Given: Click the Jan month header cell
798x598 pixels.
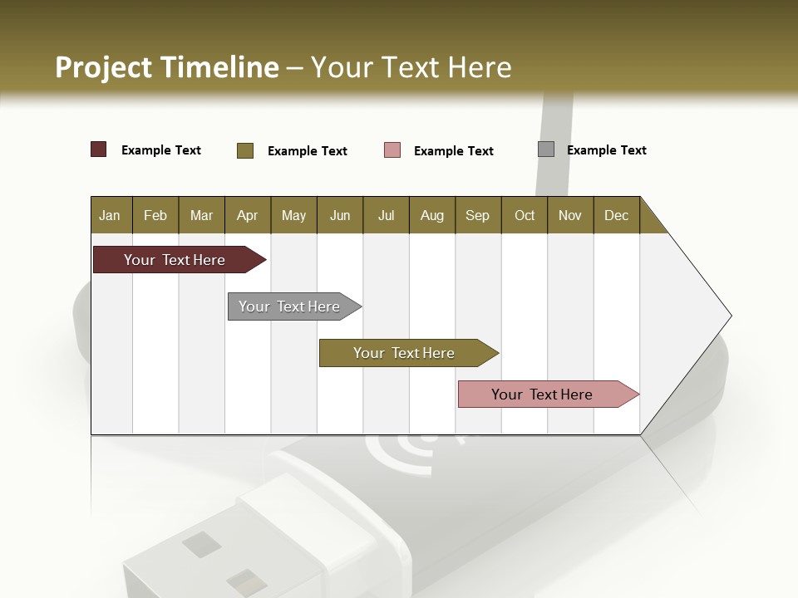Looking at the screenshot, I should click(x=111, y=215).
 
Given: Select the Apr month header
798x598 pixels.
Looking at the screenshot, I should click(x=248, y=215).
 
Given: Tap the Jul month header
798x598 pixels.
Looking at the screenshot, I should click(x=386, y=215).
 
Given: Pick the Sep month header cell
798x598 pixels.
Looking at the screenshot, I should click(x=477, y=215).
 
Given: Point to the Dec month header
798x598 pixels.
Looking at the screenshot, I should click(x=616, y=215).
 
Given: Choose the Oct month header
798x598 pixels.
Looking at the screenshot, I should click(x=525, y=215).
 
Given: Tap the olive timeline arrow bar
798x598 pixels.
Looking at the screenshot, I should click(x=405, y=353).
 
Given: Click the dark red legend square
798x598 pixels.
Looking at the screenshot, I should click(x=98, y=149).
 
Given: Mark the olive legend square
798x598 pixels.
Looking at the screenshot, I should click(x=244, y=150).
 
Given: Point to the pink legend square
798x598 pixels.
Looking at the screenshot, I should click(x=392, y=150).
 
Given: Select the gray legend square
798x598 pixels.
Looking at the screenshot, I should click(x=546, y=149).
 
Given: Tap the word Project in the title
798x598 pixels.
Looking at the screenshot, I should click(x=104, y=67).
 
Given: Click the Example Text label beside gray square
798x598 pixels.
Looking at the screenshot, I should click(x=606, y=150).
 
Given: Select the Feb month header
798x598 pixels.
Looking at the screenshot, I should click(x=155, y=215).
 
